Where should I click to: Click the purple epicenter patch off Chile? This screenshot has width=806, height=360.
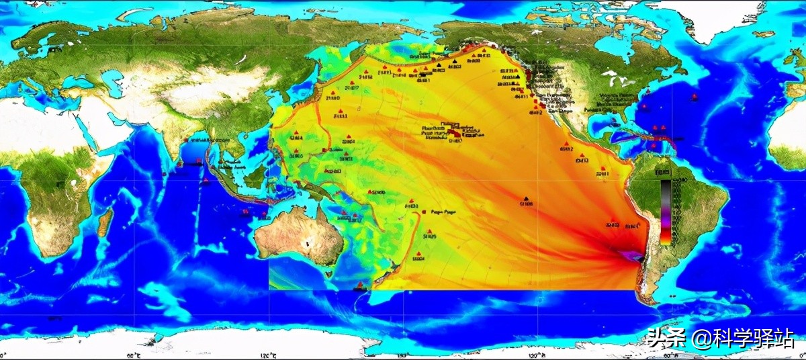point(628,256)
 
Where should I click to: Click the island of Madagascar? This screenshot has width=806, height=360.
point(104,222)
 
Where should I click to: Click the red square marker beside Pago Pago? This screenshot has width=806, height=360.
point(423,212)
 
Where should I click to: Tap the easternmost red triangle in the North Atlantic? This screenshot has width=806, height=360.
point(694,96)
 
